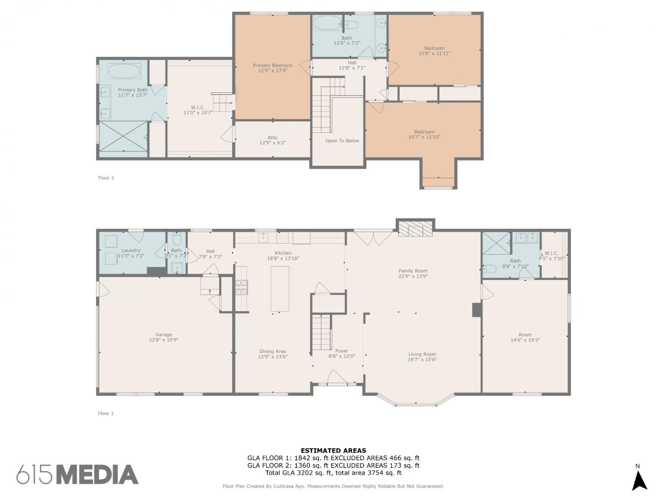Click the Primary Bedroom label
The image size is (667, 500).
pos(272,65)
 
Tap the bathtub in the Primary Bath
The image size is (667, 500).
pos(124,72)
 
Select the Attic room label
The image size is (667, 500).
pos(273,137)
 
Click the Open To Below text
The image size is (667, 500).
pos(342,140)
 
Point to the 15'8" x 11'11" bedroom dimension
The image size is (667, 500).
pos(434,53)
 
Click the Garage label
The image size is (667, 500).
pos(164,334)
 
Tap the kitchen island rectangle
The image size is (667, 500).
pos(280,288)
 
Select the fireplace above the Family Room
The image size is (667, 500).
pos(415,229)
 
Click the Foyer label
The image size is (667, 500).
pos(342,351)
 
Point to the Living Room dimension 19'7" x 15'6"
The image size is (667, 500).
pos(422,360)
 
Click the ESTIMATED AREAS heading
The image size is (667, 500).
pos(333,451)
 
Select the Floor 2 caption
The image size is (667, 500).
pos(106,178)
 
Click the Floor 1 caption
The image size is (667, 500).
pos(106,413)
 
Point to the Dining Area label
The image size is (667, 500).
pos(273,351)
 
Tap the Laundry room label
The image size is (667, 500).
pos(131,251)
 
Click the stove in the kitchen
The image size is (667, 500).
pos(241,287)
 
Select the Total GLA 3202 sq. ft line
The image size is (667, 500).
pos(333,473)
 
